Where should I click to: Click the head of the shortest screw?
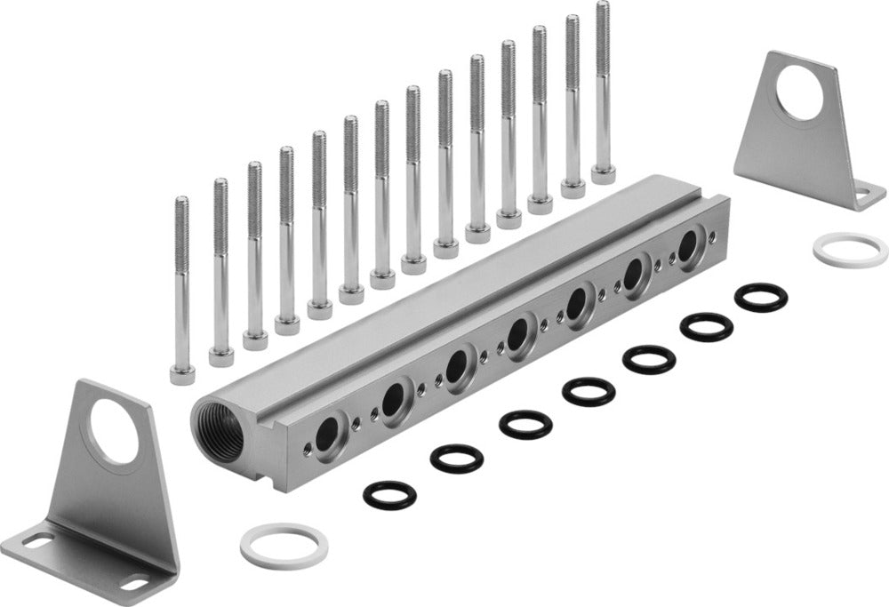182,373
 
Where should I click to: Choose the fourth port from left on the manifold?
516,334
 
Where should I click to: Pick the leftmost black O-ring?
389,494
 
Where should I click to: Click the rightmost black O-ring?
761,297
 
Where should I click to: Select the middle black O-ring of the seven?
589,391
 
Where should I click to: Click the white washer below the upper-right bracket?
850,249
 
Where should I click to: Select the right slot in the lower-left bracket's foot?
134,584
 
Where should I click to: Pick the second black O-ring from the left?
457,458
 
